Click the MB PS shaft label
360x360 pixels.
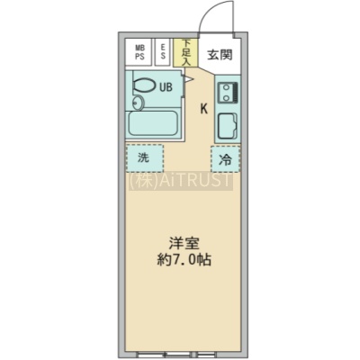pos(139,52)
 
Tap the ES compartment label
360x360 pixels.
pos(163,52)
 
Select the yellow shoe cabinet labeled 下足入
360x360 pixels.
pos(185,53)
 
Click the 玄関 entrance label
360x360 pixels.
pos(220,55)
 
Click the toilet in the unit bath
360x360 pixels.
pos(144,85)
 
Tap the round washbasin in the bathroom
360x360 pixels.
pos(138,103)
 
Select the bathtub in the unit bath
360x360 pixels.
pos(153,123)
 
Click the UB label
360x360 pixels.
pos(166,87)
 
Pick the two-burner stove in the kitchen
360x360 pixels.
pos(229,93)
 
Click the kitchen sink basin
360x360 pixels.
pos(228,126)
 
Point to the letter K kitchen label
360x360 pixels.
pos(204,109)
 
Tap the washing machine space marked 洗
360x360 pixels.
pos(145,158)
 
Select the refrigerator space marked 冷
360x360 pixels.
pos(225,159)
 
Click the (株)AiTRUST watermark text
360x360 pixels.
pos(181,181)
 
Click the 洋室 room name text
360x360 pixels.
pos(184,244)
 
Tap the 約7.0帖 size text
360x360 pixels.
pos(184,260)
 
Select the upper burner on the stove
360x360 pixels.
pos(225,87)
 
